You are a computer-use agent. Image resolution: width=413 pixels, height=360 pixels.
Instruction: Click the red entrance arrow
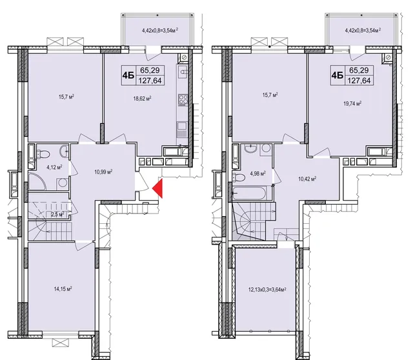point(159,188)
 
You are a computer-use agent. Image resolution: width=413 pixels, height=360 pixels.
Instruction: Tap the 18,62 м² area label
point(142,99)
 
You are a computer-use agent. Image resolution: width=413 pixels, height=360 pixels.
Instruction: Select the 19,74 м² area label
point(352,104)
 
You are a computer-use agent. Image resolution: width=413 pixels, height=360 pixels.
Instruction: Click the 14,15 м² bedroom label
point(63,289)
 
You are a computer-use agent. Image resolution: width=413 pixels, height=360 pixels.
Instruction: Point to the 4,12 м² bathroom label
point(54,166)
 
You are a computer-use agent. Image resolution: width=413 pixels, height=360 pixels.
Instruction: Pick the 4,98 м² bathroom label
point(257,174)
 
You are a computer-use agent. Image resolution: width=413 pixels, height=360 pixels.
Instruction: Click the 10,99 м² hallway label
point(103,172)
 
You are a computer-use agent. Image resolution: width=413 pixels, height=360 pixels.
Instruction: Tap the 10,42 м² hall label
point(307,179)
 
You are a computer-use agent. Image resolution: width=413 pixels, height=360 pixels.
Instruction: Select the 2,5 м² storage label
point(57,215)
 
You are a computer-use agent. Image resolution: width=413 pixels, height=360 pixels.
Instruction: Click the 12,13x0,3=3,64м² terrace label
point(267,290)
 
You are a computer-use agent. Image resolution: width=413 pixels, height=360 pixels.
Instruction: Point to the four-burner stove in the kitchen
point(183,100)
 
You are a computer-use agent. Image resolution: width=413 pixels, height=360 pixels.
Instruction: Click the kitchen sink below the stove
point(182,129)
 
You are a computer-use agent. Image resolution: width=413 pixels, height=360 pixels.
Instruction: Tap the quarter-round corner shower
point(37,181)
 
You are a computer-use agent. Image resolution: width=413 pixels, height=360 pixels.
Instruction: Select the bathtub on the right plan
point(250,194)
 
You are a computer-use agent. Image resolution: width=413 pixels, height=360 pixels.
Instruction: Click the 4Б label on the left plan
point(128,75)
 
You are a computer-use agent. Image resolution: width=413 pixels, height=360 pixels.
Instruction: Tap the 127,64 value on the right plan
point(359,81)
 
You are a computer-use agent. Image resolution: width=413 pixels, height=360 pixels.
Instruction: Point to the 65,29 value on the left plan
point(150,70)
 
